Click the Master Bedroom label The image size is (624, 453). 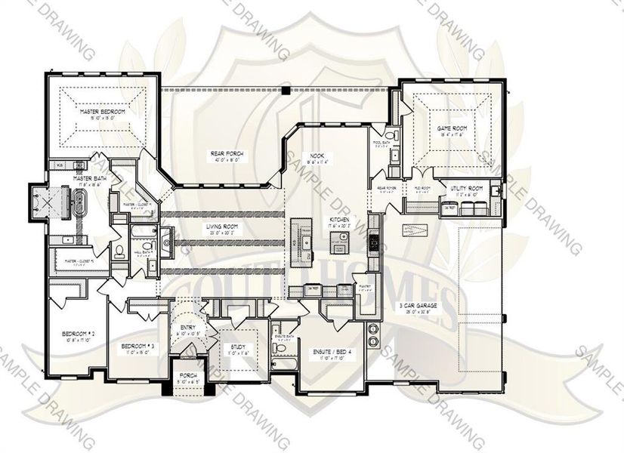coord(103,112)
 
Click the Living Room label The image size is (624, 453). coord(224,226)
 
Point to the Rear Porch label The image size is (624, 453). coord(225,153)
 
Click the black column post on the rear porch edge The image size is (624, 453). coord(286,90)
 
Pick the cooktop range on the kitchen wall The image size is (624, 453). coord(372,242)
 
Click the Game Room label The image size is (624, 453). coord(452,129)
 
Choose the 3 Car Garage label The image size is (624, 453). coord(419,306)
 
